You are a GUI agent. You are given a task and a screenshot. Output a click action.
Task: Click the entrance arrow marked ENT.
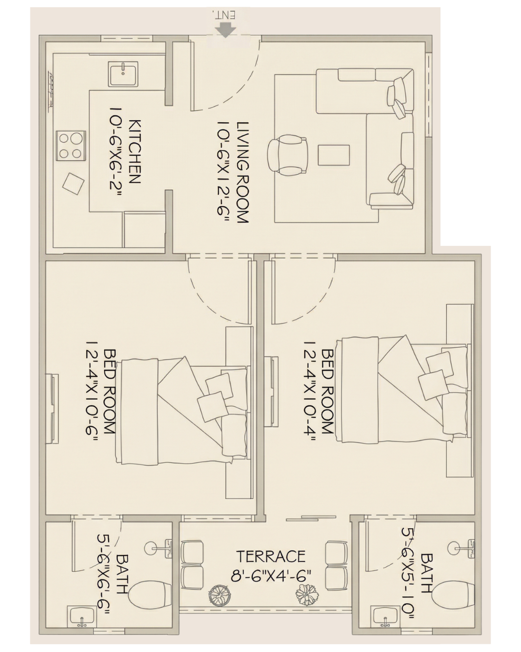pos(226,30)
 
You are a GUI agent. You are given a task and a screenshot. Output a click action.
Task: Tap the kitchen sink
pos(123,74)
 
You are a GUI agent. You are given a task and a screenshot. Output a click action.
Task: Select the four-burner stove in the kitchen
pos(70,146)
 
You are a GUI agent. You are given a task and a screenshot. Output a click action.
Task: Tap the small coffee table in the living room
pos(334,156)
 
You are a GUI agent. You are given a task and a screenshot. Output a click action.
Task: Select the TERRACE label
pos(271,556)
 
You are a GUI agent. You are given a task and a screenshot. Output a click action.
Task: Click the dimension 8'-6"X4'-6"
pos(271,575)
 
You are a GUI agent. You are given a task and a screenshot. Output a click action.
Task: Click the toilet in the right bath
pos(454,595)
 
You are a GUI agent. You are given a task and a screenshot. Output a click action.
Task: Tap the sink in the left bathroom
pos(81,617)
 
